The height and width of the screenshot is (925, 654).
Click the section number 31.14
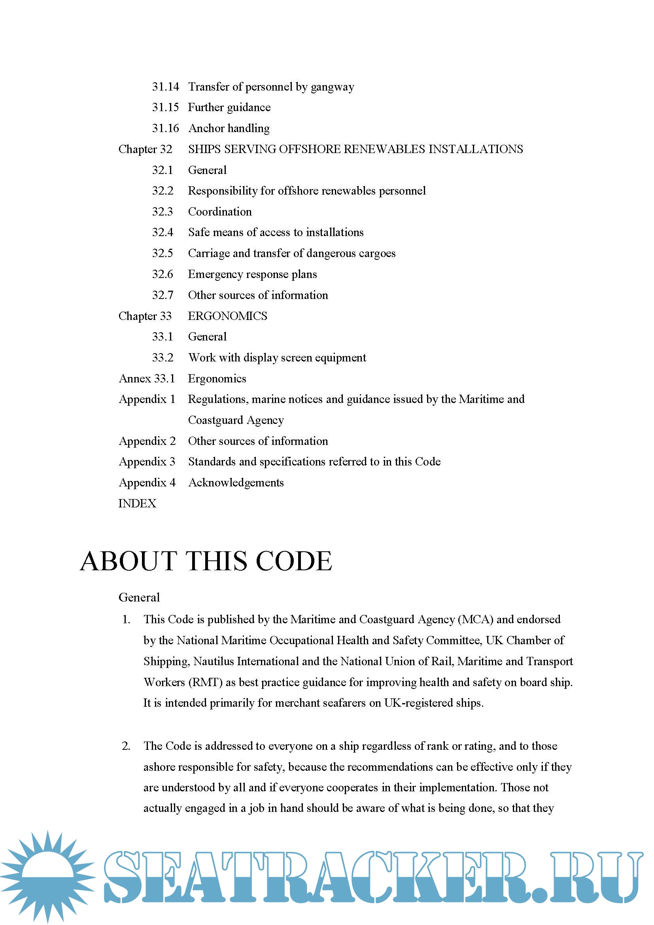click(165, 87)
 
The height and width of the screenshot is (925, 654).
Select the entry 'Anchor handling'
click(229, 128)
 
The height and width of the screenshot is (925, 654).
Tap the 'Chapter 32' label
click(145, 149)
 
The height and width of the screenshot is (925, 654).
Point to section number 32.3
click(162, 212)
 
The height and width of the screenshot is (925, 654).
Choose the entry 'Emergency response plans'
click(252, 274)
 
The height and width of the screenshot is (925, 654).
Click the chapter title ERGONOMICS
click(227, 316)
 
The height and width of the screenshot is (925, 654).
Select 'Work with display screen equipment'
click(277, 358)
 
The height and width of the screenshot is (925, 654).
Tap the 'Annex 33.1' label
click(147, 379)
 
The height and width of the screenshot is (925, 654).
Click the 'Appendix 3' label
click(147, 462)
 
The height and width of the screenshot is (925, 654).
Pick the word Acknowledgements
click(236, 482)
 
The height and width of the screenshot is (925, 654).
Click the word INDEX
click(137, 503)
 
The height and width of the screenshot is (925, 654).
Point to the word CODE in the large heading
click(294, 561)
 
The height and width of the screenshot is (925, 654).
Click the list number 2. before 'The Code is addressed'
click(126, 746)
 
